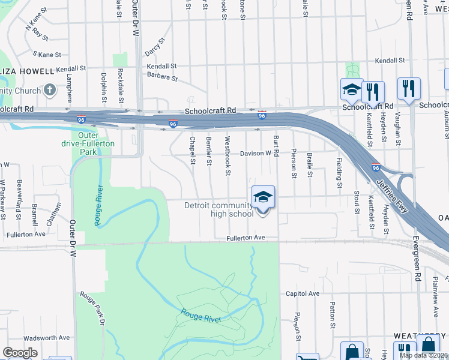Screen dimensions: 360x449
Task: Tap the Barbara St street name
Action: (162, 77)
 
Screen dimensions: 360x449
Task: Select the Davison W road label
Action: (256, 154)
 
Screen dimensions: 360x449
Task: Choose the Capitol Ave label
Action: (303, 293)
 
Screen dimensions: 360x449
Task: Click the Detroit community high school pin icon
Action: (262, 197)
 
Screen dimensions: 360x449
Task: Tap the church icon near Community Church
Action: (49, 91)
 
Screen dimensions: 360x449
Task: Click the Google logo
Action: (20, 353)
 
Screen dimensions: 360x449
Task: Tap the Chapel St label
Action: (193, 150)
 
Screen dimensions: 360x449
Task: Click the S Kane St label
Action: (47, 55)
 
